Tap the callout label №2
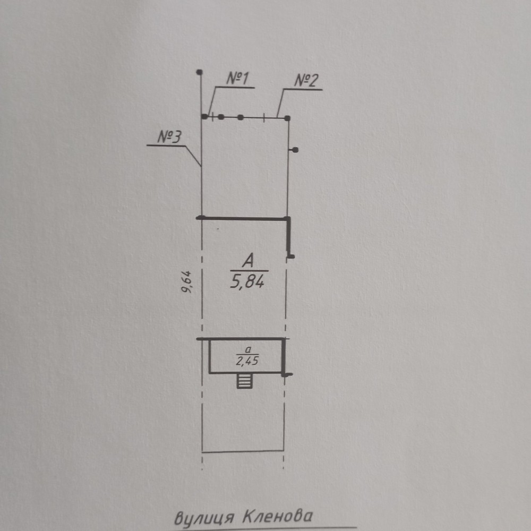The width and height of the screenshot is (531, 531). pos(306,81)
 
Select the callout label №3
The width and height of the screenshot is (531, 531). pos(169,137)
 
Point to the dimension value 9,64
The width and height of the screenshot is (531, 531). pos(186,282)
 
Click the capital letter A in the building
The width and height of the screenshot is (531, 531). pos(248,261)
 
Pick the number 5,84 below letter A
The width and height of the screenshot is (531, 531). pos(247,281)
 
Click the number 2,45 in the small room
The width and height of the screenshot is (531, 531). pos(247,361)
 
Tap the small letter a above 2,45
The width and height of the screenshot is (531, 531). pos(248,349)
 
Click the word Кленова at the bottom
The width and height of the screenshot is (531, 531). pos(278,517)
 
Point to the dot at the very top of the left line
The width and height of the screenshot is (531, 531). pos(200,72)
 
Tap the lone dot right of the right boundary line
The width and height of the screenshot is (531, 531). pos(295,150)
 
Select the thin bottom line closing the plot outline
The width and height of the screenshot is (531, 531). pos(243,451)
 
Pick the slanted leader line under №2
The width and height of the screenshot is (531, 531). pos(280,104)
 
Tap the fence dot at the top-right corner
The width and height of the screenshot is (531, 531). pos(287,118)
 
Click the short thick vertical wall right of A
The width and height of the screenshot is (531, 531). pos(289,237)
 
